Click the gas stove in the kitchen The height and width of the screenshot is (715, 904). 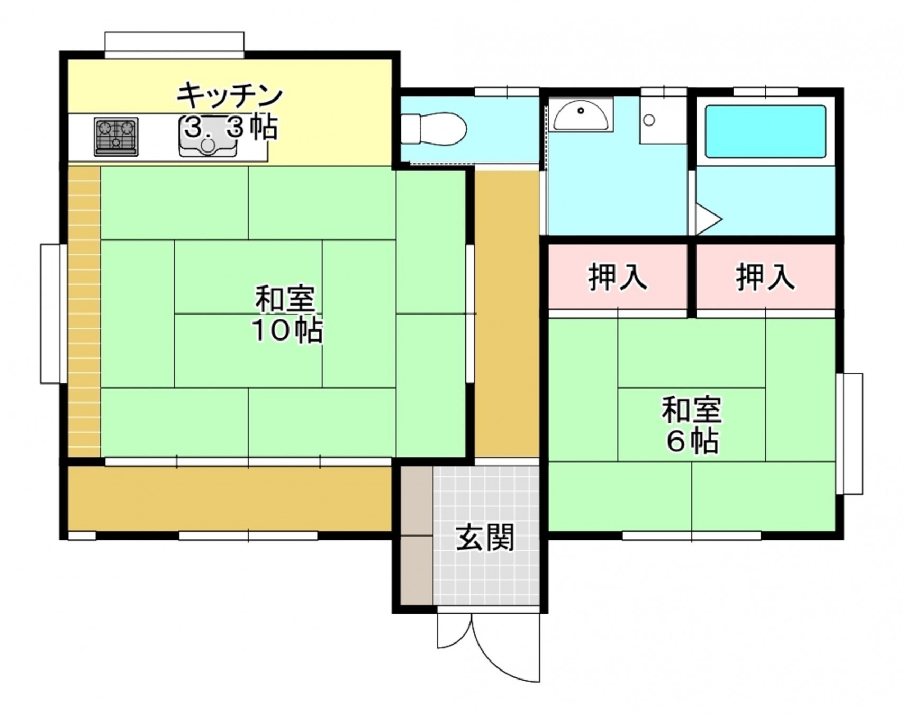116,136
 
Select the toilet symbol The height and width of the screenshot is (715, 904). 434,128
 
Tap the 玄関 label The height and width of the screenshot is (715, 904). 485,538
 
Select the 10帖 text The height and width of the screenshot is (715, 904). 286,331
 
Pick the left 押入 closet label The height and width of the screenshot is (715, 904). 617,276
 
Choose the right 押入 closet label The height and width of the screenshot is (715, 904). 765,276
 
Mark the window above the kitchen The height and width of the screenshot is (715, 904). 174,44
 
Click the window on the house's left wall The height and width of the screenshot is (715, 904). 51,313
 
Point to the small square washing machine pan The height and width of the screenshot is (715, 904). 663,120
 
